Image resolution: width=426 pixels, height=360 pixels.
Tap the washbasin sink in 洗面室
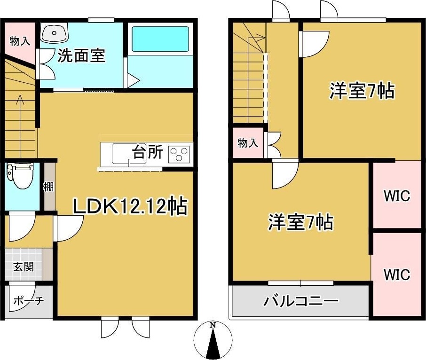(54, 33)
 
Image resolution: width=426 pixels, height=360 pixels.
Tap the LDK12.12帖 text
(130, 206)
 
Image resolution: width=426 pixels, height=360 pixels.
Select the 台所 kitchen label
(147, 153)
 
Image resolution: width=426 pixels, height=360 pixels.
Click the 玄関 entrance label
(23, 267)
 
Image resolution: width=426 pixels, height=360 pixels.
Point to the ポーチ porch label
(28, 301)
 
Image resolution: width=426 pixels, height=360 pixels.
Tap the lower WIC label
(396, 274)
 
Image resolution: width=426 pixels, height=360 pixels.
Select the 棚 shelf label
(48, 187)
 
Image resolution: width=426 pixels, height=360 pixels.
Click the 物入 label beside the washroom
(20, 41)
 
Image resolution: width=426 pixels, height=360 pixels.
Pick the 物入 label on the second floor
(248, 143)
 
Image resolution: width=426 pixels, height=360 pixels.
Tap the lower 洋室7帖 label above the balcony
(301, 222)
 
